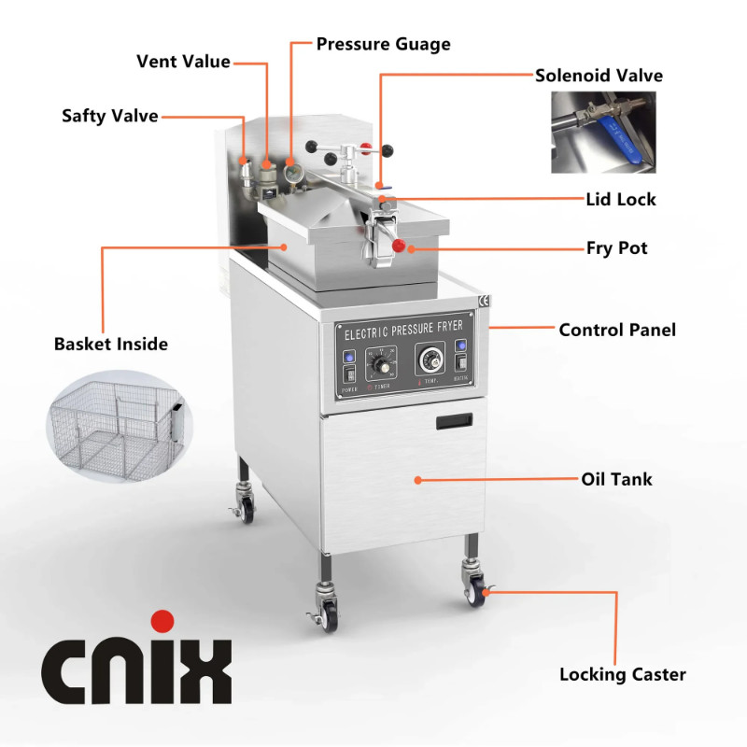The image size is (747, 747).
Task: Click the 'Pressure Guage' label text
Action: click(383, 44)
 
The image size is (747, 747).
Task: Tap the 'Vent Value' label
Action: click(183, 62)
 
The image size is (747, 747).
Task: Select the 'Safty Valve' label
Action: click(110, 116)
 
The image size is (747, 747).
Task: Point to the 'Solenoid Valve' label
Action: click(599, 76)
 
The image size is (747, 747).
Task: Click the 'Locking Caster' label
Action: click(622, 674)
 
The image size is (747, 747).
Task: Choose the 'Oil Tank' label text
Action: click(616, 479)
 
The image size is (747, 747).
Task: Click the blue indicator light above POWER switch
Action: click(348, 357)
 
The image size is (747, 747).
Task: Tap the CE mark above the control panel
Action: click(483, 301)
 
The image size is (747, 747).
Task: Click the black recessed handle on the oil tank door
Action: click(453, 423)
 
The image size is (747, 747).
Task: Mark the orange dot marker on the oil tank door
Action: click(417, 479)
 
